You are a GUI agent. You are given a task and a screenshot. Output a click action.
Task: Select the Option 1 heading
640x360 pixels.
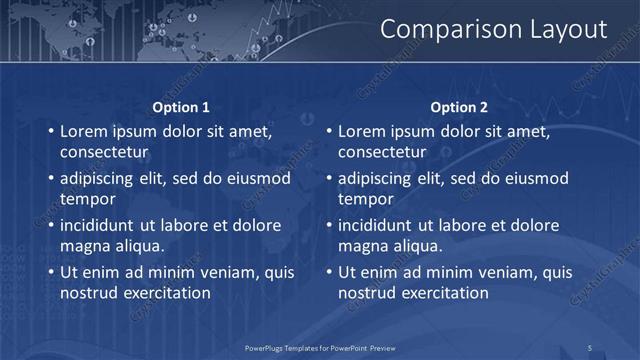click(181, 107)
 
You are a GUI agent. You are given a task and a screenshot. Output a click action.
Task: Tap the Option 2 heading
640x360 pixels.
click(459, 107)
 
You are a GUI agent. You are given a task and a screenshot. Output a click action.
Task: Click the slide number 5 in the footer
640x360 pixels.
click(590, 347)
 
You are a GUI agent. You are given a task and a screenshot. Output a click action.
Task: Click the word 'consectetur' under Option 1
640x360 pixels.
click(104, 152)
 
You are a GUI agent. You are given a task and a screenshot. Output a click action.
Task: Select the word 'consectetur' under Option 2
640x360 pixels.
click(382, 152)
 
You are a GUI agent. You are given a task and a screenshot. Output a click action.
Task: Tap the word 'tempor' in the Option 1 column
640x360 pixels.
click(88, 199)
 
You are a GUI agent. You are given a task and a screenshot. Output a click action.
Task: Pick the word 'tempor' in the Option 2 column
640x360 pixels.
click(366, 199)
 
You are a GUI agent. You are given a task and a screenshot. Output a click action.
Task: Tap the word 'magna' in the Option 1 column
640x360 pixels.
click(84, 246)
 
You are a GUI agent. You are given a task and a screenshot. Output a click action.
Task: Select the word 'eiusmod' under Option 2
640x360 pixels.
click(535, 178)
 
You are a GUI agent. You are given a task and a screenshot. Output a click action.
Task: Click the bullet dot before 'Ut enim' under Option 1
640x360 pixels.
click(51, 272)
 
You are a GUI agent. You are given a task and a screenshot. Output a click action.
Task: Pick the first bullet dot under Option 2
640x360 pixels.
click(329, 131)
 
